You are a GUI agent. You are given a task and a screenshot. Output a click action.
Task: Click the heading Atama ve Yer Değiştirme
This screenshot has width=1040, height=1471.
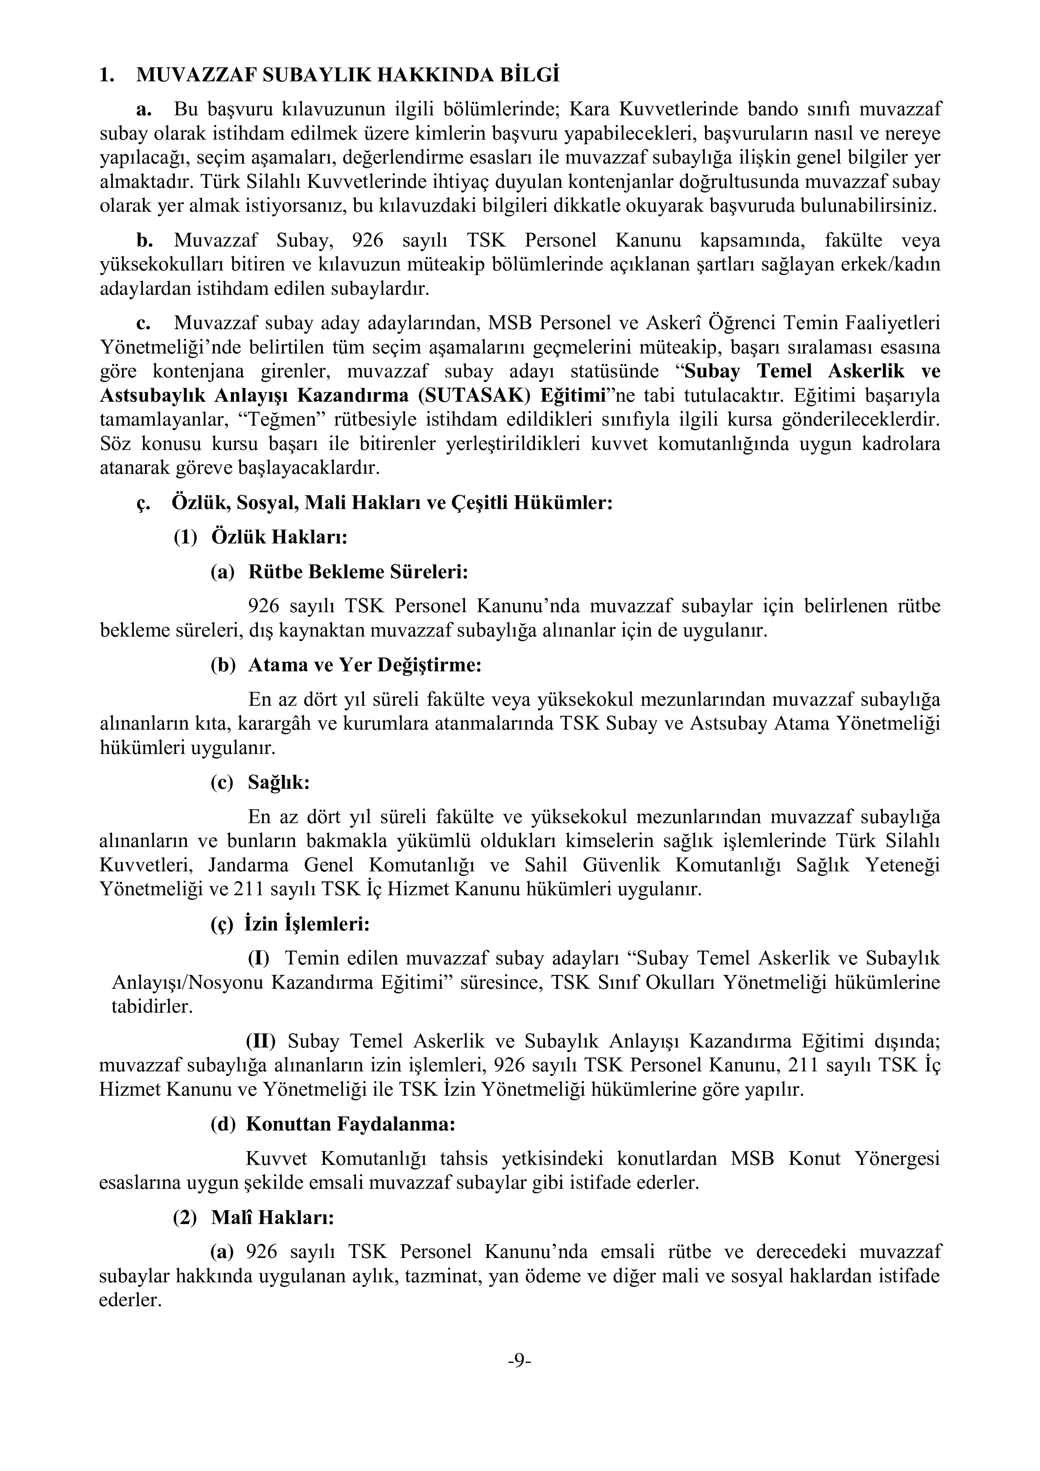coord(364,665)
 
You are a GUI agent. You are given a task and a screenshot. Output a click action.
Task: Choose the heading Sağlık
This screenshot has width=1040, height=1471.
coord(279,783)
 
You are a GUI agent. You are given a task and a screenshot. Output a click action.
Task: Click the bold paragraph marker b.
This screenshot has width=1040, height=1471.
coord(144,241)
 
